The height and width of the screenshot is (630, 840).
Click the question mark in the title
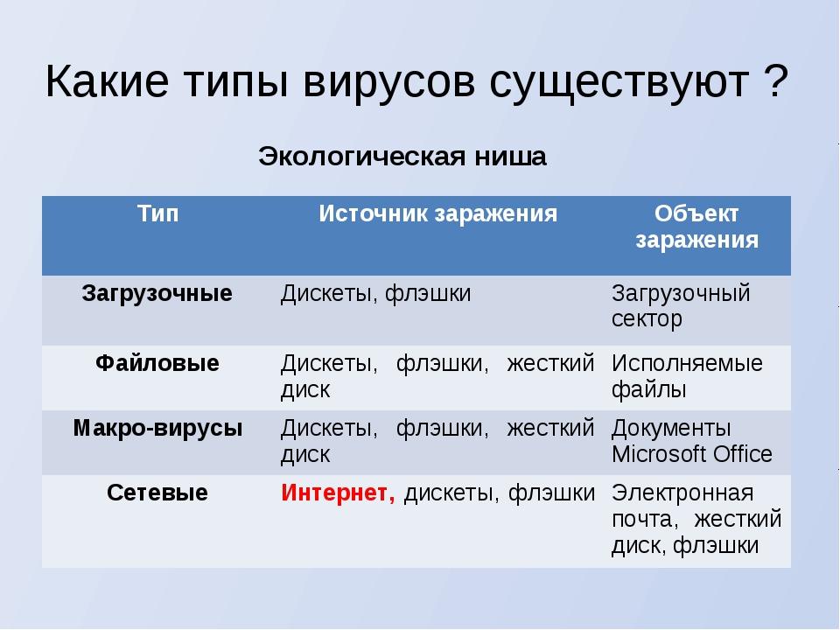776,80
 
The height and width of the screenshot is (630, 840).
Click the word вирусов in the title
388,82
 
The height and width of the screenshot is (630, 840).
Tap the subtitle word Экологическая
361,157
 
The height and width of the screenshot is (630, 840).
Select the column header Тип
157,213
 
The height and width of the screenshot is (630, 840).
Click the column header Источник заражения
437,213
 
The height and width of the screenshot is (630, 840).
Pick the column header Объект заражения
697,227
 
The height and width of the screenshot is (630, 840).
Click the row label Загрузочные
157,294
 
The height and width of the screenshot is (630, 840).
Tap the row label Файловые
157,363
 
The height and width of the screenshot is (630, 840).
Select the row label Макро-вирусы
157,428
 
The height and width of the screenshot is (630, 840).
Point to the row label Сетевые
157,493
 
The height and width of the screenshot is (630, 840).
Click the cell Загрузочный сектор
681,306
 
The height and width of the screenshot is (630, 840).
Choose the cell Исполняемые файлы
688,376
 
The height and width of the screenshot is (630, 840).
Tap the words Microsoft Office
691,454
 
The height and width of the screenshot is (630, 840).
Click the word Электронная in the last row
682,493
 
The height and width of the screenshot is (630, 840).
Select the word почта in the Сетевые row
645,520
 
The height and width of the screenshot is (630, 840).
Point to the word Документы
671,429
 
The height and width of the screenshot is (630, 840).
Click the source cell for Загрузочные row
375,294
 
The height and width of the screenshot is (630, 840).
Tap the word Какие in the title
107,81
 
